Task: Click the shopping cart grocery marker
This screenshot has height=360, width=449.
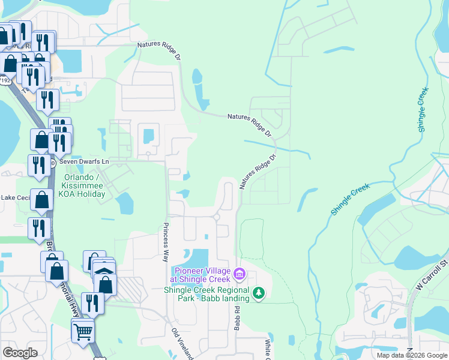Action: tap(82, 330)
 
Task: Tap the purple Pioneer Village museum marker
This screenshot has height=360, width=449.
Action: tap(240, 274)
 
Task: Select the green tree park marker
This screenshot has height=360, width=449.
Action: tap(259, 293)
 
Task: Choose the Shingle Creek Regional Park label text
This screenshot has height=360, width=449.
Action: tap(206, 294)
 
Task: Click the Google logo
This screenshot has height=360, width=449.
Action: tap(20, 352)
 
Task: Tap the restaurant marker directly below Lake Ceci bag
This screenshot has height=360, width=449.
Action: tap(39, 227)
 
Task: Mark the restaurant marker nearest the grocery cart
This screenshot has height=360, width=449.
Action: tap(92, 302)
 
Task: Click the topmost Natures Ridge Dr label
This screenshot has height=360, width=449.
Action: tap(158, 45)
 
